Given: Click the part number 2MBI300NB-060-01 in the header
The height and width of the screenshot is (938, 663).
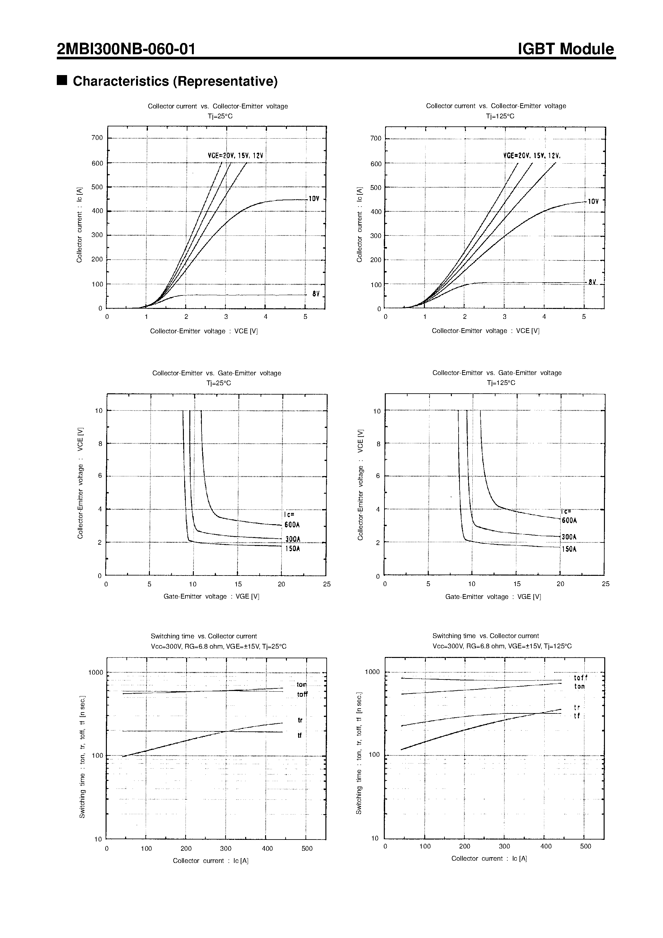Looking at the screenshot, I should pyautogui.click(x=126, y=49).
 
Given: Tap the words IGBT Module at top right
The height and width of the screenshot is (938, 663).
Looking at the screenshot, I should pyautogui.click(x=566, y=49).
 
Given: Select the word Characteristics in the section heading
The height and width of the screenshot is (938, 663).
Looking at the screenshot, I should pyautogui.click(x=121, y=81).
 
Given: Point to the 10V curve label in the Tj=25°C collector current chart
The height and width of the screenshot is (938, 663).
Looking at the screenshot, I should pyautogui.click(x=314, y=199).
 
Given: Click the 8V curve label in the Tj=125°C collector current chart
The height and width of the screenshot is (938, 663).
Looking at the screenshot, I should pyautogui.click(x=592, y=282).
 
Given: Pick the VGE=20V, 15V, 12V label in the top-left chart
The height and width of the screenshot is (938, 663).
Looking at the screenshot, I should pyautogui.click(x=235, y=156).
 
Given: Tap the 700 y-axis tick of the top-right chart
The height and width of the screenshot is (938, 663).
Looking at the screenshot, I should pyautogui.click(x=375, y=139).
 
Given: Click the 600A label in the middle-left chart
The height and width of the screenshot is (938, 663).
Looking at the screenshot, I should pyautogui.click(x=292, y=525).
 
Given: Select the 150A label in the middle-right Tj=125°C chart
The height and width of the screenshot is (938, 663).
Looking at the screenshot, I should pyautogui.click(x=569, y=550).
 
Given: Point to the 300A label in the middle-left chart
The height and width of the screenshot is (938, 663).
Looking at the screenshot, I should pyautogui.click(x=292, y=539).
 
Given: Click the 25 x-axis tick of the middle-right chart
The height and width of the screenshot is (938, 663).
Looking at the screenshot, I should pyautogui.click(x=605, y=584).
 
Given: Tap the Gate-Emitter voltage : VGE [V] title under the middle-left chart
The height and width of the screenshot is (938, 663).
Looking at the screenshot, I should pyautogui.click(x=211, y=596).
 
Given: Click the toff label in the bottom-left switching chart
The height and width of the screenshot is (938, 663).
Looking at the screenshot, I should pyautogui.click(x=302, y=695).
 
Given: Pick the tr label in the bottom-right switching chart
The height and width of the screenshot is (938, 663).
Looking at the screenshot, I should pyautogui.click(x=577, y=707).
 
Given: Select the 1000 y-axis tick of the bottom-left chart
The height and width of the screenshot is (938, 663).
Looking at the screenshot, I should pyautogui.click(x=96, y=673).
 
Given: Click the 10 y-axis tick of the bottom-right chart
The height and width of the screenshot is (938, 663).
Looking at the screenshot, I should pyautogui.click(x=375, y=838).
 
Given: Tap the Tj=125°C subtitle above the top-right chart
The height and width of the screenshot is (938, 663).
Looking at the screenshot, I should pyautogui.click(x=500, y=116).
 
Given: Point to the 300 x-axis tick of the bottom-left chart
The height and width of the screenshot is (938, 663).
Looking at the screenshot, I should pyautogui.click(x=226, y=848).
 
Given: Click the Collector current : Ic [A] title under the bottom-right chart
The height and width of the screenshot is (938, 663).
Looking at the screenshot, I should pyautogui.click(x=489, y=858).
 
